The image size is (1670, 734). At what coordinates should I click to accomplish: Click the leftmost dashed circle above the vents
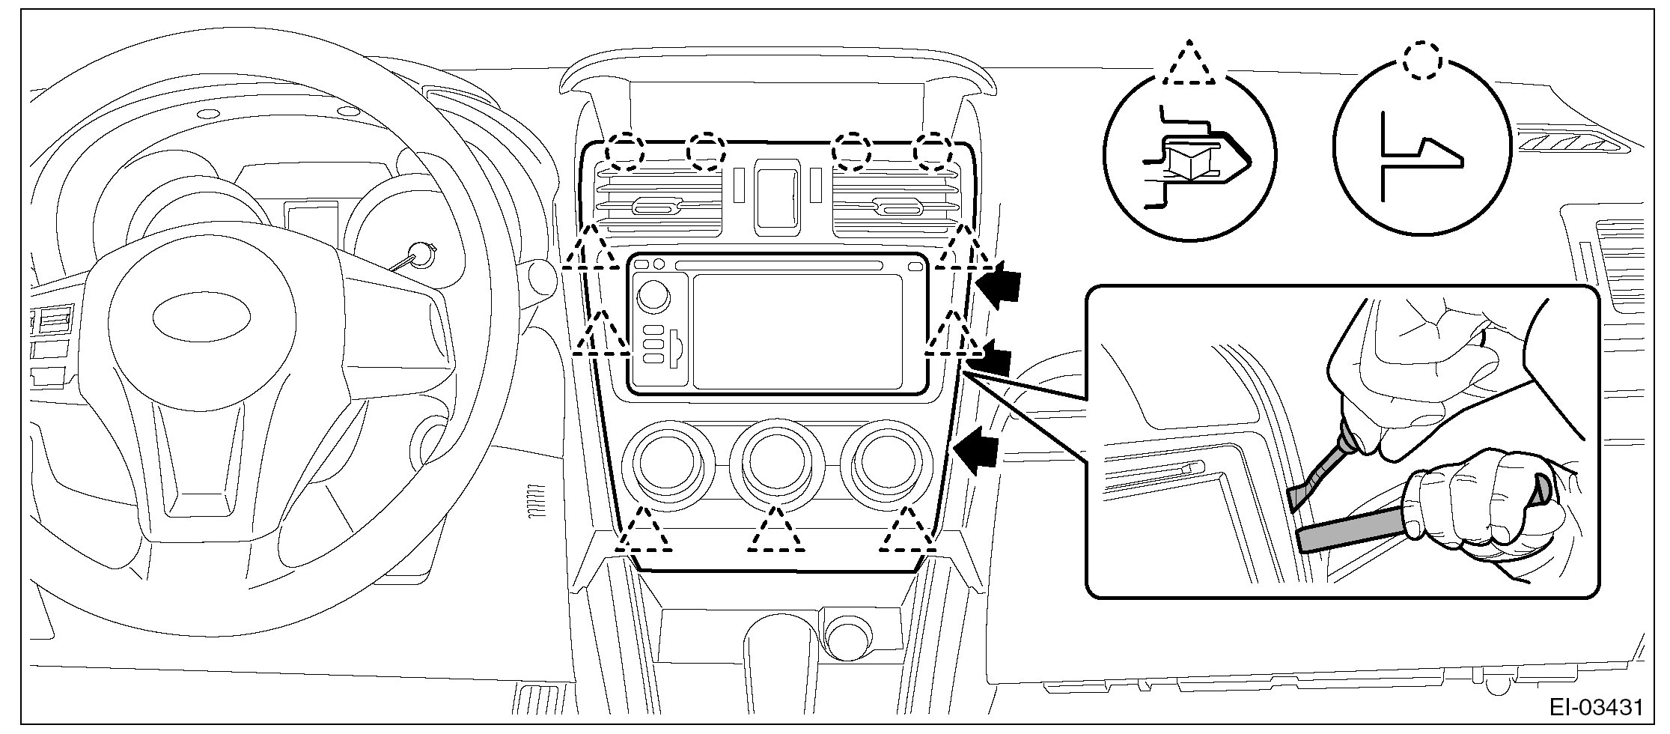[x=624, y=151]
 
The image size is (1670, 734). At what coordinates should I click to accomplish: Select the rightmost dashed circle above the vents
[x=933, y=151]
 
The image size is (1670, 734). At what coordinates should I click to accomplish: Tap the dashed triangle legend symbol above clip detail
[x=1189, y=64]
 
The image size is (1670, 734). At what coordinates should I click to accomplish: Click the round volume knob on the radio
[x=653, y=296]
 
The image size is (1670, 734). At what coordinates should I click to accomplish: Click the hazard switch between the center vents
[x=777, y=192]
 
